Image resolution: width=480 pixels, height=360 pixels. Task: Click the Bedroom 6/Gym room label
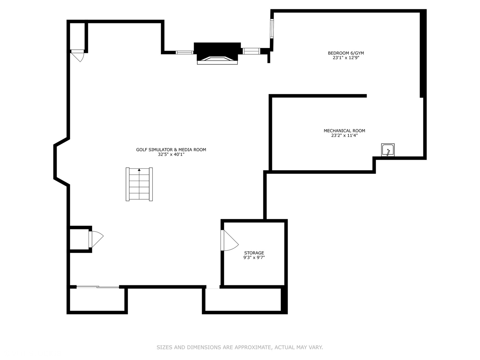(x=346, y=53)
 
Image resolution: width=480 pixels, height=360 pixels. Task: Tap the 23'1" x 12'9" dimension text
(x=346, y=58)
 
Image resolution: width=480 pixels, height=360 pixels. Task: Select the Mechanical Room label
(x=344, y=131)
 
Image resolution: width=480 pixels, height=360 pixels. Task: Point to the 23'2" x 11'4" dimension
(x=344, y=136)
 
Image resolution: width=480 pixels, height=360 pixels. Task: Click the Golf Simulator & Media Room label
(x=171, y=150)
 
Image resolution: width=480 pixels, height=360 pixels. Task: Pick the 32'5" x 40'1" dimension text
(x=171, y=155)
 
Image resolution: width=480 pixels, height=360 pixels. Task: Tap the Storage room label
(x=254, y=253)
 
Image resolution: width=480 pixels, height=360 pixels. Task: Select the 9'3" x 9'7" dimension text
(x=254, y=257)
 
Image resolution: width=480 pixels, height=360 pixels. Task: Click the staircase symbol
(x=139, y=184)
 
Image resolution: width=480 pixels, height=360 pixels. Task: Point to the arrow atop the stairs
(x=139, y=170)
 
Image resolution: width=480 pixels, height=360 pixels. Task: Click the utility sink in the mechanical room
(x=388, y=150)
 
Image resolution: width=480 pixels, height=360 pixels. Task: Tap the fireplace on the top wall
(x=217, y=54)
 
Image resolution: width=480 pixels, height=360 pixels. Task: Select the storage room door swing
(x=229, y=240)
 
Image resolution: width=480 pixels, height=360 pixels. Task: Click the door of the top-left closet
(x=78, y=56)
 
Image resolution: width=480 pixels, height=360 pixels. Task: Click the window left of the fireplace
(x=185, y=52)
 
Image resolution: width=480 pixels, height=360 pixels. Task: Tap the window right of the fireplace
(x=251, y=51)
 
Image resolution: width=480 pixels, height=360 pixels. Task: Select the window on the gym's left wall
(x=272, y=29)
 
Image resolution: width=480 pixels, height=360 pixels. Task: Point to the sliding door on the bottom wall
(x=98, y=287)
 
